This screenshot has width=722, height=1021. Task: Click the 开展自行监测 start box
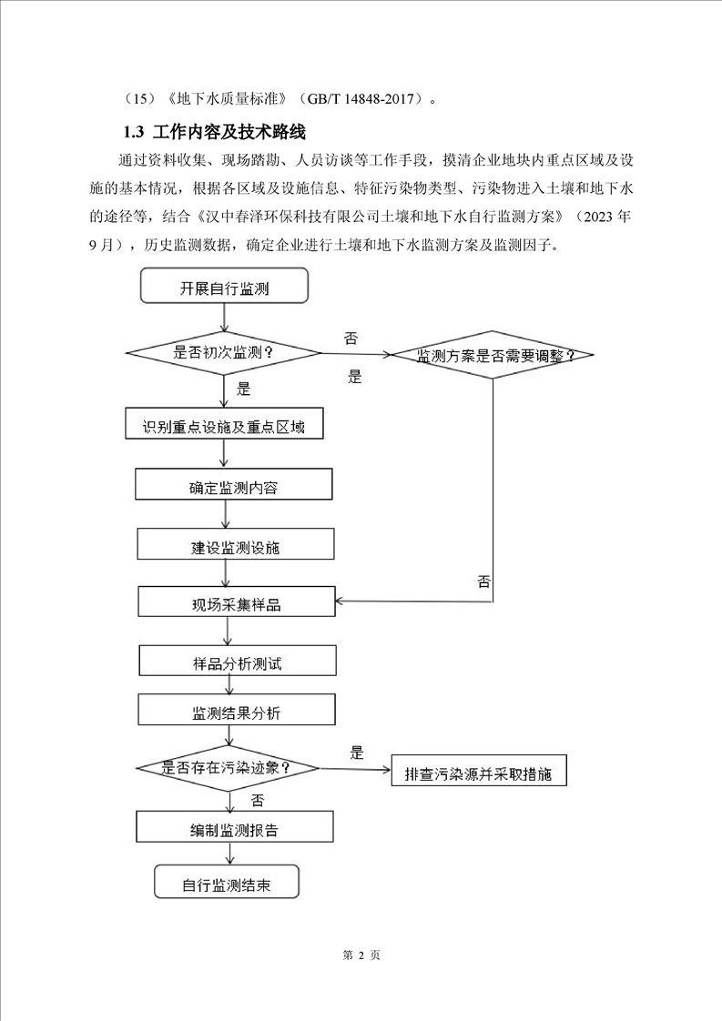[224, 289]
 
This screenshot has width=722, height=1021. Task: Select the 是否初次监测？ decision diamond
[224, 352]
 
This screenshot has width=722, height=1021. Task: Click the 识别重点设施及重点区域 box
[224, 425]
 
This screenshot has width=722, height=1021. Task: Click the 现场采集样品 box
[236, 603]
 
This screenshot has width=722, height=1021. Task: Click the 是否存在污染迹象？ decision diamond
[227, 768]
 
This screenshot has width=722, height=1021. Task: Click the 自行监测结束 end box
[226, 885]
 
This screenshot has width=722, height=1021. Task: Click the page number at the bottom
[361, 955]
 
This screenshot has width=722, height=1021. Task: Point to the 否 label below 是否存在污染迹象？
[257, 800]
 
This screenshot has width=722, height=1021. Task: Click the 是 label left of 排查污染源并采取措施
[357, 753]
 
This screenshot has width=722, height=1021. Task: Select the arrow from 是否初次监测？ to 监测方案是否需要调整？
[355, 353]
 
